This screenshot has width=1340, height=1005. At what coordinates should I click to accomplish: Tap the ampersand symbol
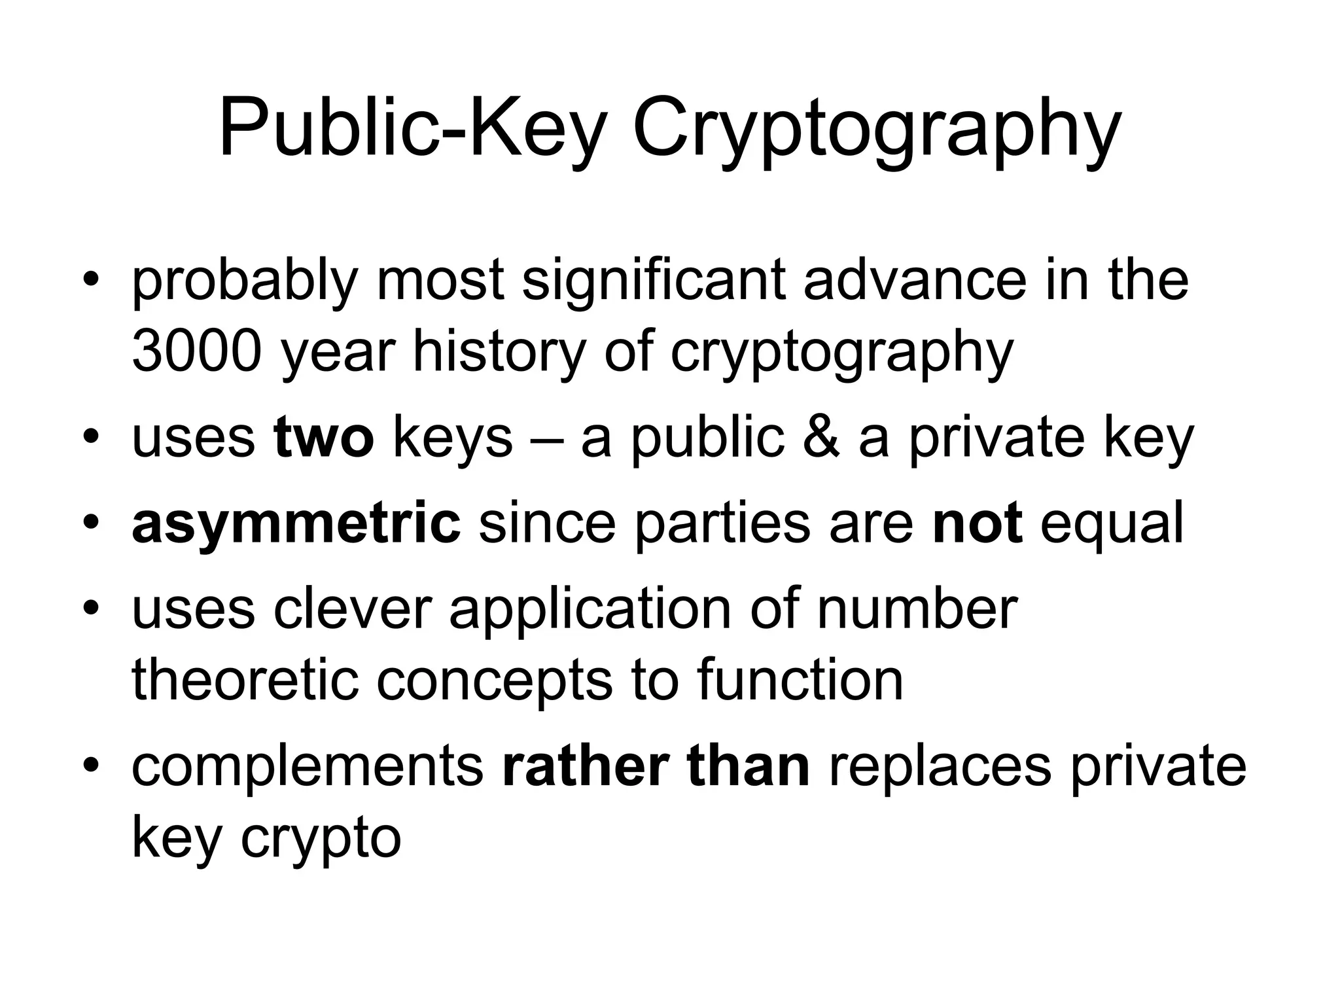coord(820,438)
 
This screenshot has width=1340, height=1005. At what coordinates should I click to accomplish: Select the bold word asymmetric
coord(296,523)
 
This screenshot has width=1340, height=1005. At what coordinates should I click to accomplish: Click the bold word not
coord(977,523)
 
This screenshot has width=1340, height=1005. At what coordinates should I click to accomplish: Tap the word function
coord(800,680)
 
